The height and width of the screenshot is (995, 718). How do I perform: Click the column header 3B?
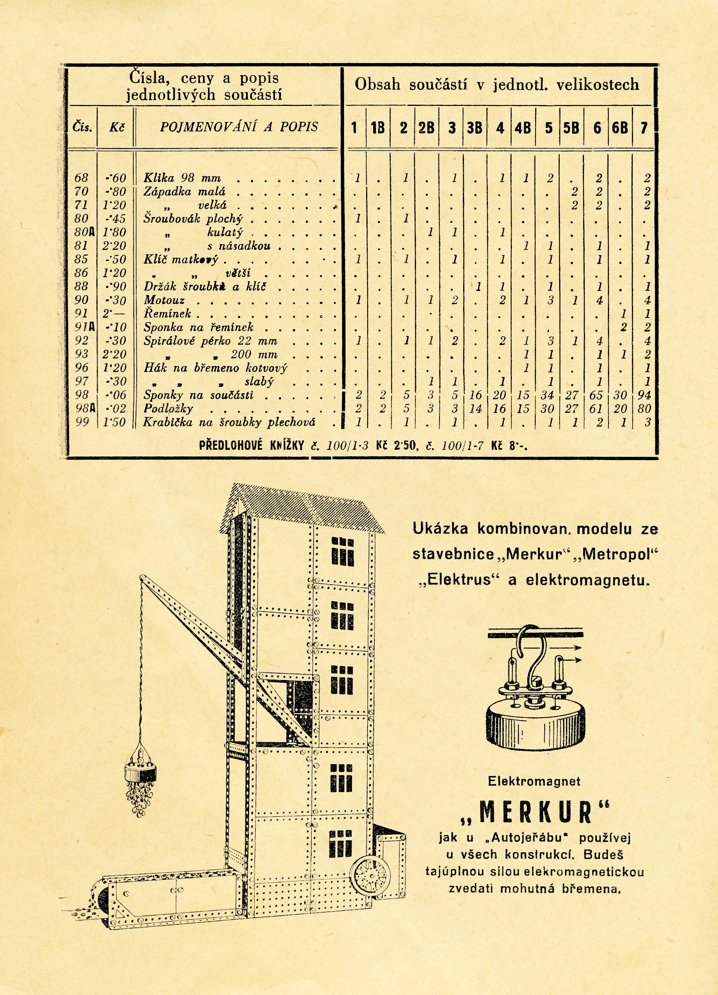(x=475, y=128)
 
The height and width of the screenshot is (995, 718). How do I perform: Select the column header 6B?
(x=619, y=128)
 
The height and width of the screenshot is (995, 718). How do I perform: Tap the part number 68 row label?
(x=81, y=178)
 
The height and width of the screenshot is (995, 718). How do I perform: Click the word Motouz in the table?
(x=164, y=300)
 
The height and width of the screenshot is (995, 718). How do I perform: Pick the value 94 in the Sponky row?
(x=644, y=395)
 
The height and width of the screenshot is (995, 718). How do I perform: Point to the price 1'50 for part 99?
(x=114, y=422)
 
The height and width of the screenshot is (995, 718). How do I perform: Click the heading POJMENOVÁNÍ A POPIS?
(x=239, y=127)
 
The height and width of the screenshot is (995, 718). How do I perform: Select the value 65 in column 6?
(x=596, y=395)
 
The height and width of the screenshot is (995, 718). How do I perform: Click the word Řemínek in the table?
(x=167, y=314)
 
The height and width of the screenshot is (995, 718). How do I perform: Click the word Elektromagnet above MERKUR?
(x=534, y=781)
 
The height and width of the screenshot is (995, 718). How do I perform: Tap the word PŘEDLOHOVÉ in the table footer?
(x=230, y=446)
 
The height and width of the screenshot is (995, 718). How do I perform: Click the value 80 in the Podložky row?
(x=644, y=409)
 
